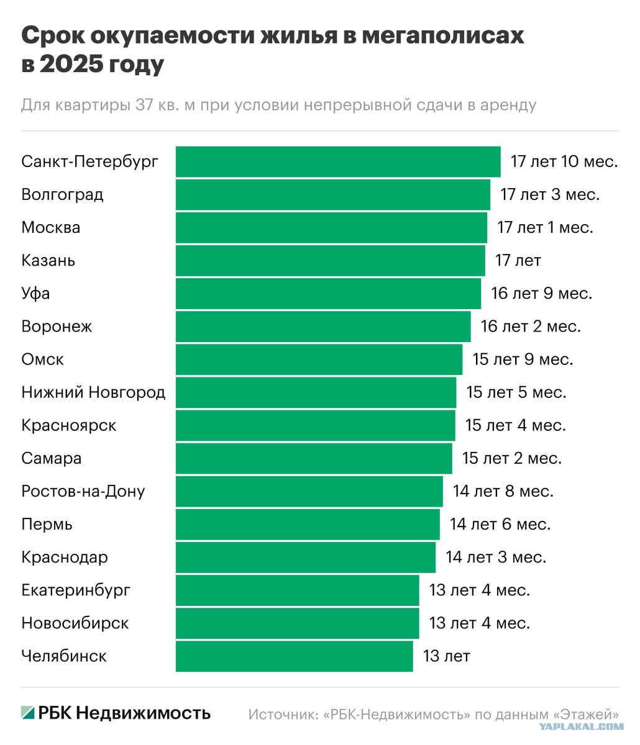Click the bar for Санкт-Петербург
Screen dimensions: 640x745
coord(338,161)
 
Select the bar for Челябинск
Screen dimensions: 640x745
coord(295,656)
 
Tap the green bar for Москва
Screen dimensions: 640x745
coord(331,227)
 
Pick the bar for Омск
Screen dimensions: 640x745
coord(319,359)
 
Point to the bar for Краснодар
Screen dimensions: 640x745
coord(306,558)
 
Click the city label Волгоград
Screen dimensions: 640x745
coord(62,194)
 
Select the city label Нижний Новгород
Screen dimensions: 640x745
coord(93,392)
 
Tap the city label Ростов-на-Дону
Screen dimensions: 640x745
coord(83,491)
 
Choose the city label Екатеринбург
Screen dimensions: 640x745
coord(76,590)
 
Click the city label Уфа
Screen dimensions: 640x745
coord(35,294)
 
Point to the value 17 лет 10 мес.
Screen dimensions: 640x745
coord(564,161)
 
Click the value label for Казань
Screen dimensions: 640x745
coord(518,260)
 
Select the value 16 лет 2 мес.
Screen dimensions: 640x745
coord(531,326)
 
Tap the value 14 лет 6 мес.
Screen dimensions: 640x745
coord(500,524)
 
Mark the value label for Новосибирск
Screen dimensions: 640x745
coord(480,623)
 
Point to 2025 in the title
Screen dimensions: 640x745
coord(71,65)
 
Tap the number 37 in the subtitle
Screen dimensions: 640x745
coord(144,105)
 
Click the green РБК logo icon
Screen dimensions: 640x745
coord(28,713)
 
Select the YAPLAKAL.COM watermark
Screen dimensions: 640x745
coord(581,726)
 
